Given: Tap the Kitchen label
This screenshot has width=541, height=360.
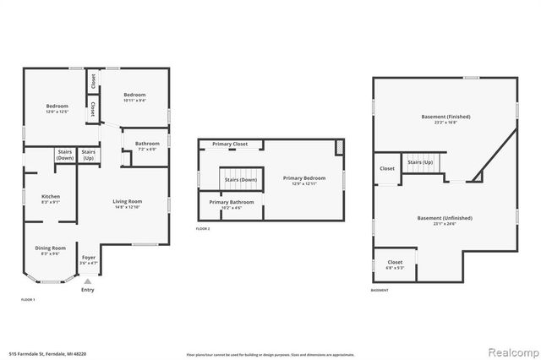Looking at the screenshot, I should coord(51,199).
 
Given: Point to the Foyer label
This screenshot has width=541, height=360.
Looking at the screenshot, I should coord(89,260).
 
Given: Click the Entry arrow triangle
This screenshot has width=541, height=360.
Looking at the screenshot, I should coord(87,281).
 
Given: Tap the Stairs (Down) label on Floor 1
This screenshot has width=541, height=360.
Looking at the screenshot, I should coord(65,155).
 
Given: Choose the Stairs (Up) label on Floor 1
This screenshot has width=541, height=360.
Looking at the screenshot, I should coord(89,155).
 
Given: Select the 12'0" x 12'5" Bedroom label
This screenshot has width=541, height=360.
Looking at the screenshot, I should coord(56,107).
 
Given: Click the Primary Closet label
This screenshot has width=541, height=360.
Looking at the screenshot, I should coord(229,145).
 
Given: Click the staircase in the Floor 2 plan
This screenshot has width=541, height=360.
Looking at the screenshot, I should coord(240,179).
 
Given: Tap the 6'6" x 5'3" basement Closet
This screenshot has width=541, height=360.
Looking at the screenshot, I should coord(395,265).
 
